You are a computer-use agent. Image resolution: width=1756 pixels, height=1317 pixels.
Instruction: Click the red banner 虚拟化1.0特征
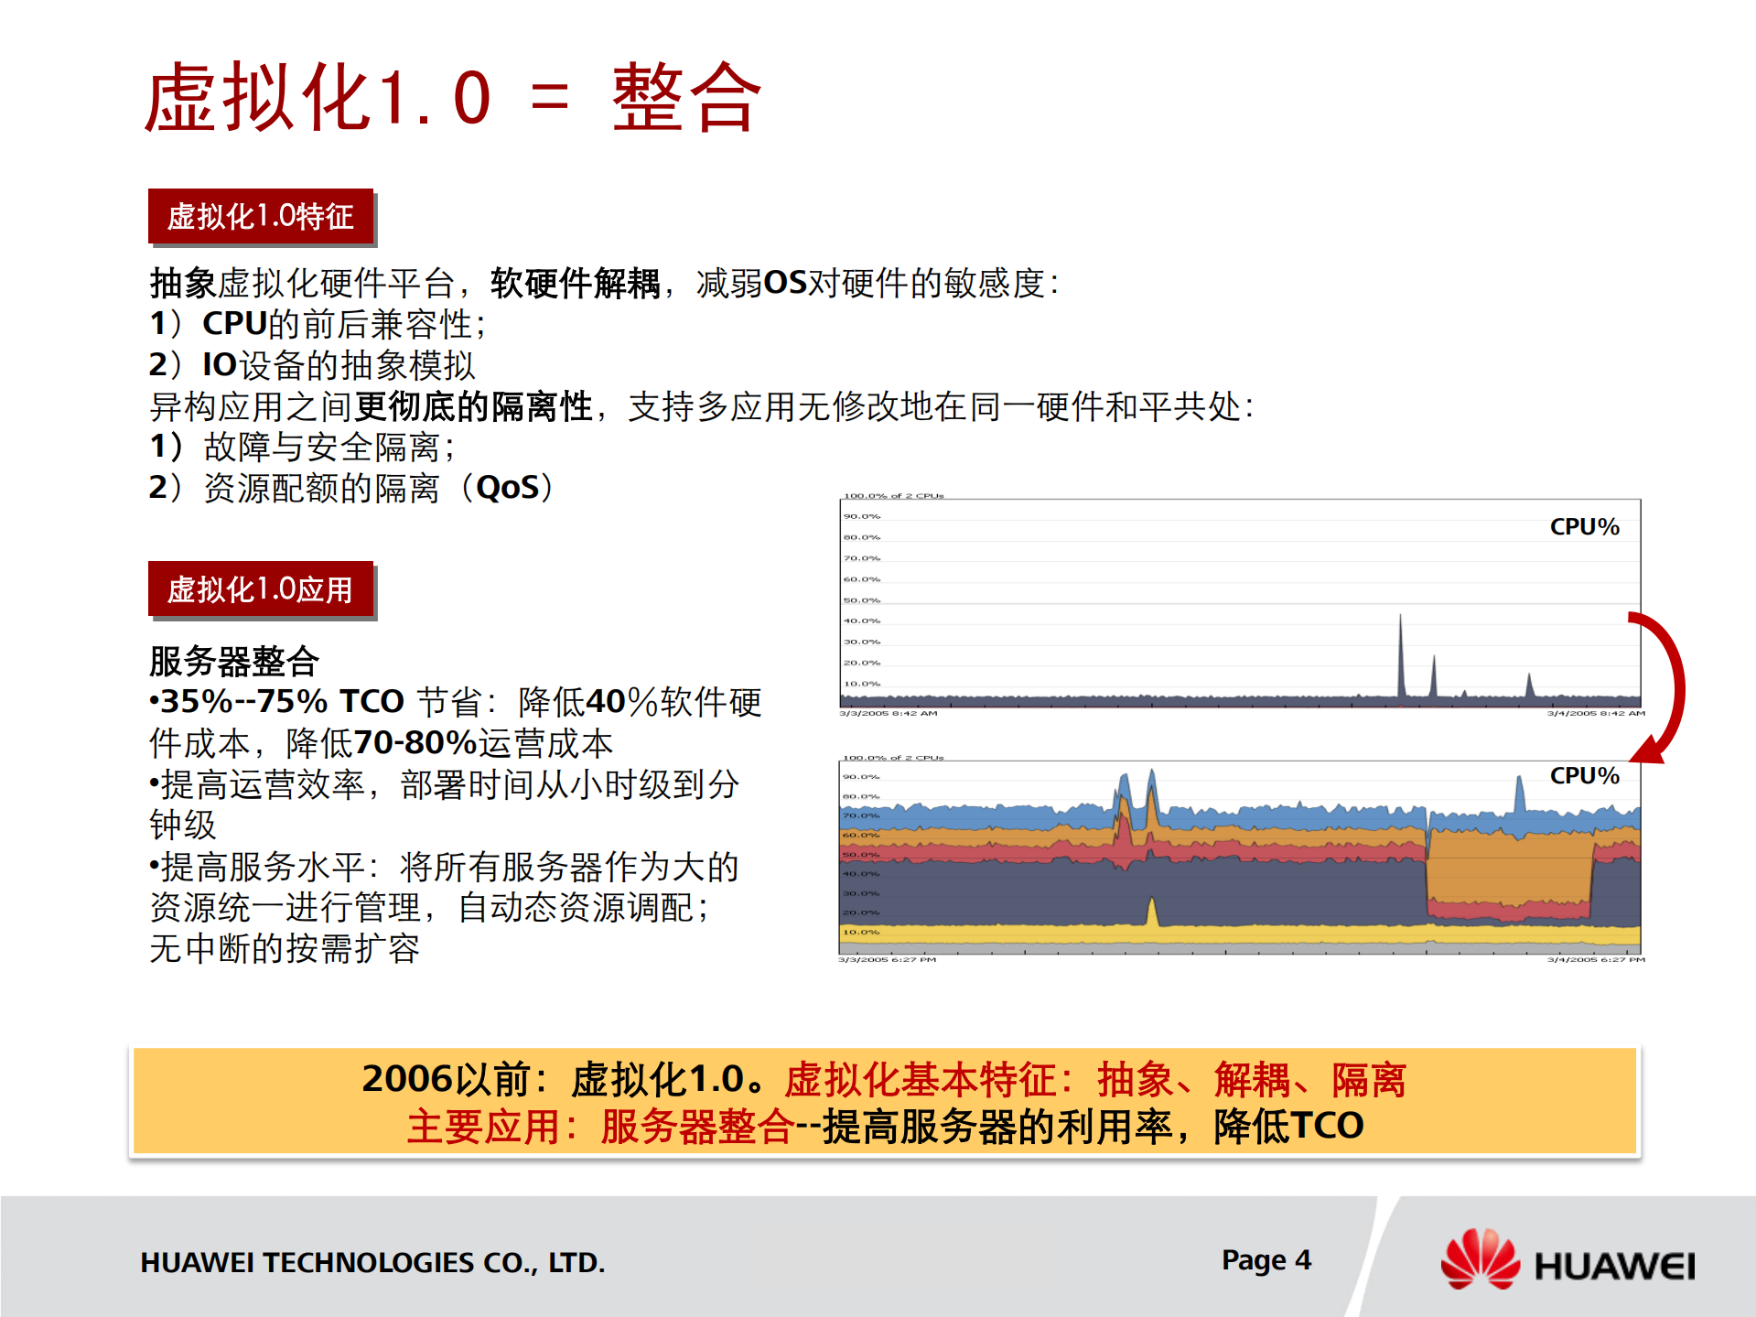pos(261,217)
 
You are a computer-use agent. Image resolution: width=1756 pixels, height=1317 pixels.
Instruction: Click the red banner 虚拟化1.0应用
pos(261,589)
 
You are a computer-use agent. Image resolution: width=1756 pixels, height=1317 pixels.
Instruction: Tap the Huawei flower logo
pos(1480,1260)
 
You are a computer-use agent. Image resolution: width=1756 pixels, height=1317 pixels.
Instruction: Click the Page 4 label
pos(1266,1260)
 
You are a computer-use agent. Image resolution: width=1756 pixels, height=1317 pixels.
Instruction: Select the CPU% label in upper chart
pos(1584,527)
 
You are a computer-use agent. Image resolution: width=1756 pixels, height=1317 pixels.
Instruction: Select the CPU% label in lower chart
pos(1584,776)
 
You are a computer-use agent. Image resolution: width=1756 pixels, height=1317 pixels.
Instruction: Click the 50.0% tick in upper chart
pos(861,600)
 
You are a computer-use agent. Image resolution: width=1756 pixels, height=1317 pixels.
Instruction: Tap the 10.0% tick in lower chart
pos(861,932)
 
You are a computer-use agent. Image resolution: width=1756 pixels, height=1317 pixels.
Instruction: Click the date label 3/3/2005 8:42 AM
pos(888,713)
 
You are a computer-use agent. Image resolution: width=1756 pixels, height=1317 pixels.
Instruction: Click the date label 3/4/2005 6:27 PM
pos(1596,960)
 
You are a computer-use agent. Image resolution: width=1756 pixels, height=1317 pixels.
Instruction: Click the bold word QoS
pos(508,488)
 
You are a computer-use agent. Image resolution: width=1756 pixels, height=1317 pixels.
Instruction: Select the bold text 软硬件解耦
pos(575,284)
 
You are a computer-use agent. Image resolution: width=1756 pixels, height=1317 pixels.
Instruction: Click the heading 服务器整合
pos(234,661)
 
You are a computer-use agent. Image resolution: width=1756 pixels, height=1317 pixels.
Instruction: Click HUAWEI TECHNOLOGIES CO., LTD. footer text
pos(372,1263)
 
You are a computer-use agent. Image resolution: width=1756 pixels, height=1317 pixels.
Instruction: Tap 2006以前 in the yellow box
pos(446,1080)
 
